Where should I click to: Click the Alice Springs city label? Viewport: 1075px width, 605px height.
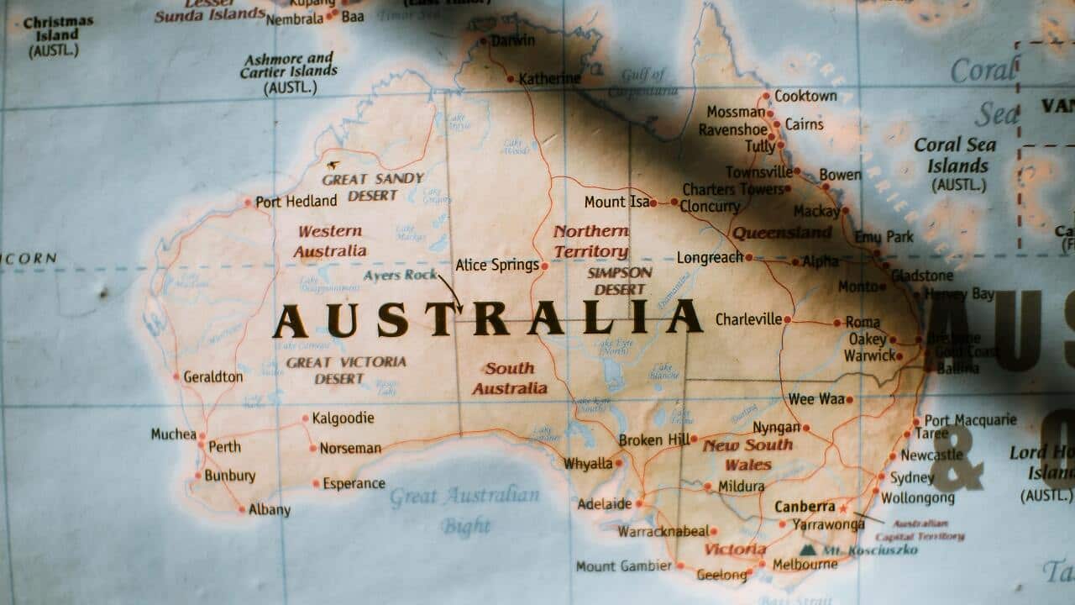496,266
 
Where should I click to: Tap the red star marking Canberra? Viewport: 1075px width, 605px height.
843,508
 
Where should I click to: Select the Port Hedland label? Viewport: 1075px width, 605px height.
296,202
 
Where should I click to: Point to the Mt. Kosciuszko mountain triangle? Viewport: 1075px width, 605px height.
808,550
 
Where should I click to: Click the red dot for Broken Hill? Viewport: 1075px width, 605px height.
694,439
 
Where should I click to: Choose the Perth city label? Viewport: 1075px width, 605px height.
224,447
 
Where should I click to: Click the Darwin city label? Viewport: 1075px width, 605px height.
513,40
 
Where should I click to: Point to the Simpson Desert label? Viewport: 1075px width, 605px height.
620,281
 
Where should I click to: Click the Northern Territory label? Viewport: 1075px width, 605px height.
590,241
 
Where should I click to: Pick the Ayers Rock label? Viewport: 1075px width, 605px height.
401,275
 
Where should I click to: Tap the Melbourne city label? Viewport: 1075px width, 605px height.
804,565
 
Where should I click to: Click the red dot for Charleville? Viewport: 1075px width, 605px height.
788,319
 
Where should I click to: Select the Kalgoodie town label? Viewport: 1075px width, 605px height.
343,418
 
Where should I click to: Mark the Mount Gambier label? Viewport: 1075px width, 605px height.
624,566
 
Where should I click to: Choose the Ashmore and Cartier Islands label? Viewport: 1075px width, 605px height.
288,72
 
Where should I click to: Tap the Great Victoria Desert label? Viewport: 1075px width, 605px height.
345,370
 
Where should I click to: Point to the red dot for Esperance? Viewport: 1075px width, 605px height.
317,483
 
